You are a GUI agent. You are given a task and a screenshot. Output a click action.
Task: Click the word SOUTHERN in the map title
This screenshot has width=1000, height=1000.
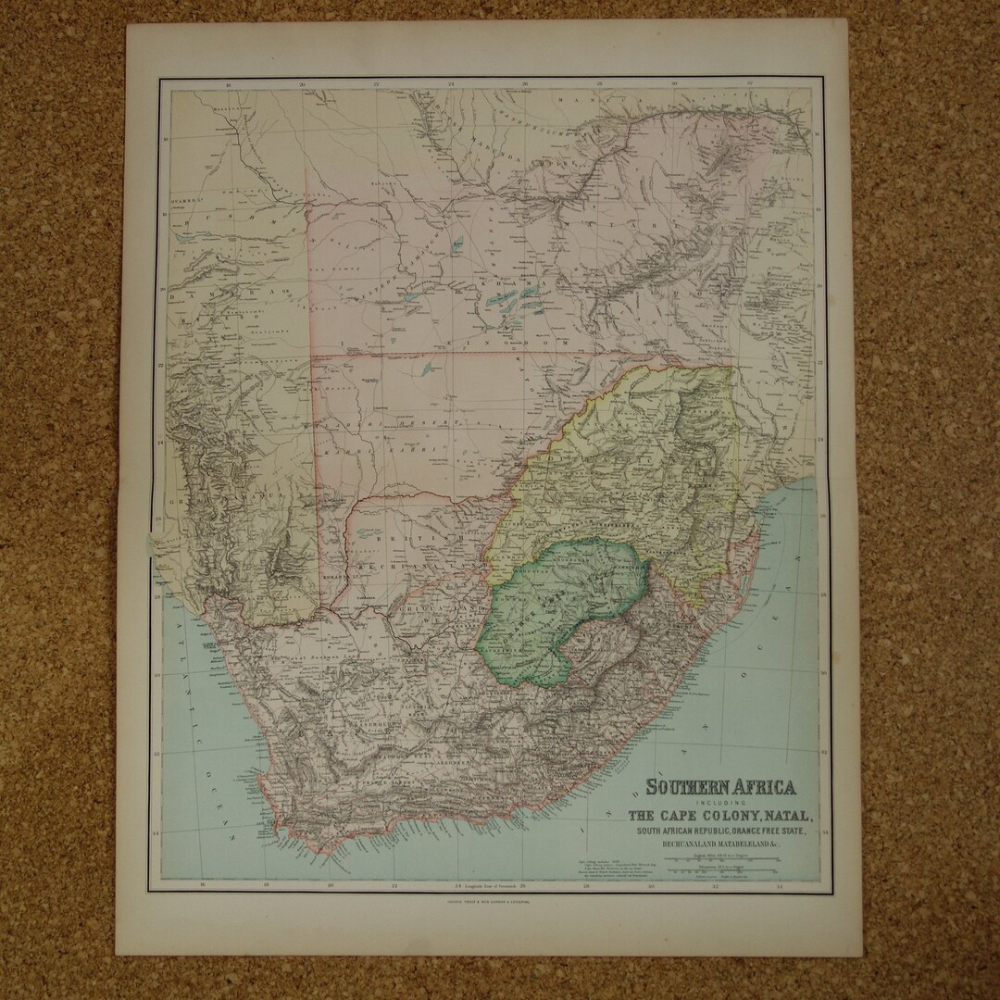tap(686, 789)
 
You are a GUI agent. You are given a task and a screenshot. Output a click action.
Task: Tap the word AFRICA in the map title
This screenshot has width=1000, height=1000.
tap(765, 789)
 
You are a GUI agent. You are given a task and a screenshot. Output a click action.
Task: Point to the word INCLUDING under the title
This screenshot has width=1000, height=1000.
tap(722, 803)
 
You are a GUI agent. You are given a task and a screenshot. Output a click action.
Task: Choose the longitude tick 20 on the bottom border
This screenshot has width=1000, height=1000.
tap(331, 885)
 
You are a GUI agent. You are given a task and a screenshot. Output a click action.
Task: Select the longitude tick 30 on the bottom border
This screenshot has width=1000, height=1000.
tap(650, 885)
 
